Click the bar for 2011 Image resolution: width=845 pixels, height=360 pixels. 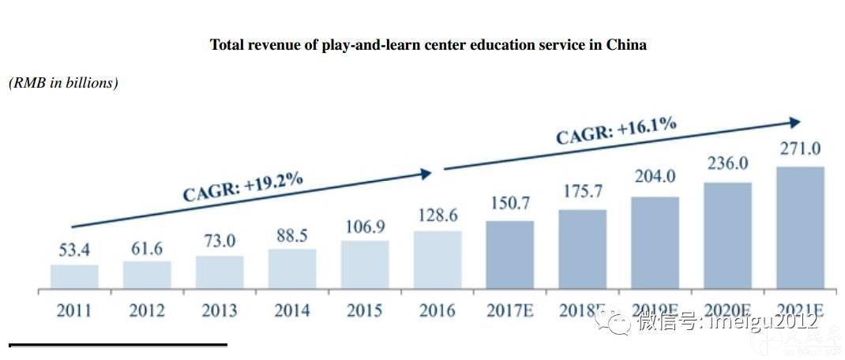click(74, 277)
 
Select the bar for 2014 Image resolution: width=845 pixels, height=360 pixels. click(292, 269)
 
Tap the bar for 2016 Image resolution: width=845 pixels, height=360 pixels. click(438, 260)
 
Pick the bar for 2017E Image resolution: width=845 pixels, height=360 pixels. click(509, 255)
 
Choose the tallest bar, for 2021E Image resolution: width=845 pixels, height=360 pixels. click(800, 228)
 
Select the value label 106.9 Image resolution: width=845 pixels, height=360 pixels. click(365, 227)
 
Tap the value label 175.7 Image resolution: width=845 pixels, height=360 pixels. click(582, 192)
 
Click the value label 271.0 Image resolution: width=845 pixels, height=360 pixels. click(800, 150)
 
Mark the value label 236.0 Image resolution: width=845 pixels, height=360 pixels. click(727, 164)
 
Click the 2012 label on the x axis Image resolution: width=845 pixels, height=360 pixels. click(147, 310)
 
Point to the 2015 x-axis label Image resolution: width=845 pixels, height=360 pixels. click(365, 310)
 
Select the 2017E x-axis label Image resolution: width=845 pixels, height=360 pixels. click(509, 310)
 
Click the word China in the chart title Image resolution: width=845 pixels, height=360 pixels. click(626, 45)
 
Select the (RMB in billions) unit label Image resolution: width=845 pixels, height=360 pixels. click(63, 83)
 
